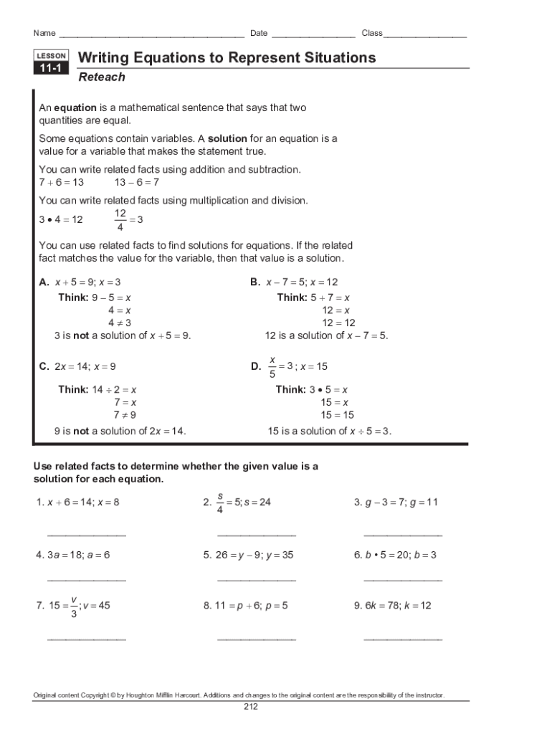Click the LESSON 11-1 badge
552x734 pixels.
[51, 62]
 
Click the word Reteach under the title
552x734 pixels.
[101, 77]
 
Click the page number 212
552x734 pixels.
[250, 707]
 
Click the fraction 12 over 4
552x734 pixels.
[120, 221]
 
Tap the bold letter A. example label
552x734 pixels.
[44, 282]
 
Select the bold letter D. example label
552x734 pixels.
[256, 366]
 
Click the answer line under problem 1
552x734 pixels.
[87, 535]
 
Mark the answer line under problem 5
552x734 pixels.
[256, 579]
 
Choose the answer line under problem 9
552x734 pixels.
[403, 638]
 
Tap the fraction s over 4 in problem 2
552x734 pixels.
[220, 502]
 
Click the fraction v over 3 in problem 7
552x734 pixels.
[74, 606]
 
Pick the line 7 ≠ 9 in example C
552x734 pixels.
[125, 415]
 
